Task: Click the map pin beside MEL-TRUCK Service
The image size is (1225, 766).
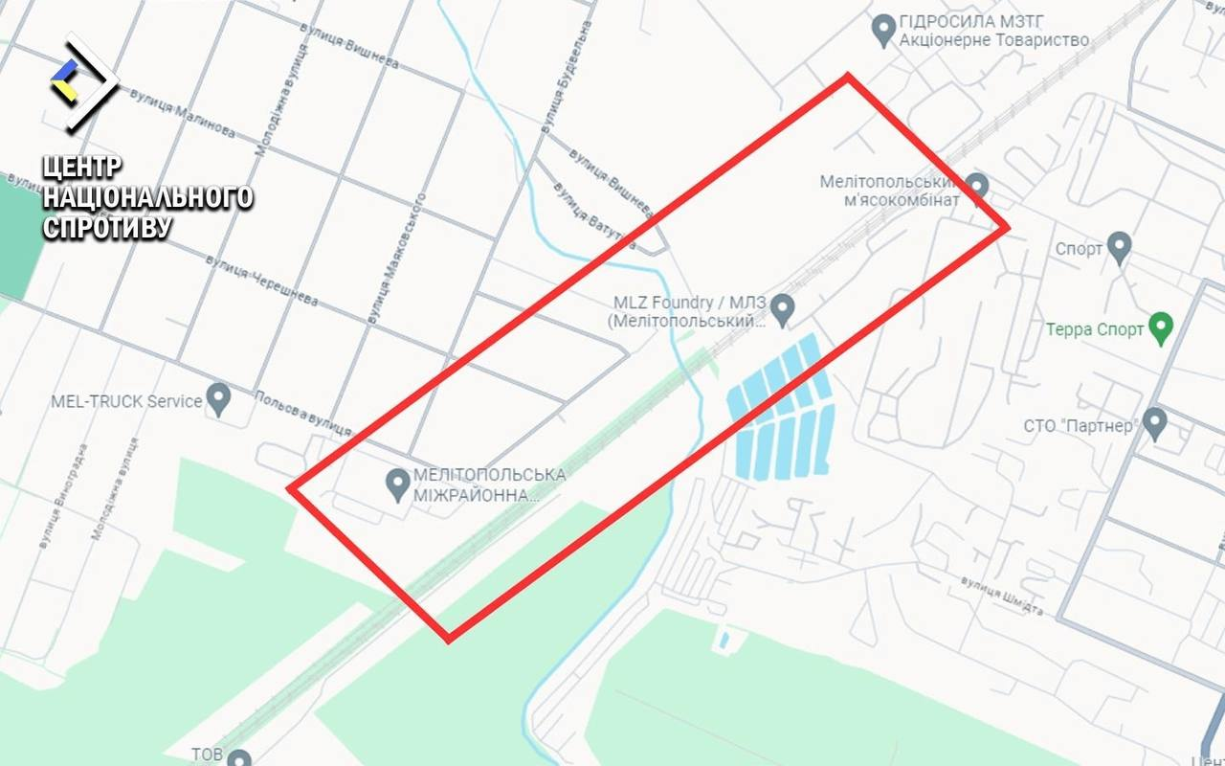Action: click(219, 398)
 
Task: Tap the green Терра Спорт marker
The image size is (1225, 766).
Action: click(1161, 327)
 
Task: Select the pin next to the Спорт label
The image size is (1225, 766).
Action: click(1119, 247)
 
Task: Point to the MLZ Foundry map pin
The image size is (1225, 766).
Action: click(783, 308)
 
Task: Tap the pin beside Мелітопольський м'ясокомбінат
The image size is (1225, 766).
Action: click(976, 186)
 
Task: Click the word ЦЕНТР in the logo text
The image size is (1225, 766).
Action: click(82, 167)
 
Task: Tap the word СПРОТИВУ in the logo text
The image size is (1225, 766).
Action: click(107, 228)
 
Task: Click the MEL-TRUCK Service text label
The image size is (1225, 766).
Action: click(126, 400)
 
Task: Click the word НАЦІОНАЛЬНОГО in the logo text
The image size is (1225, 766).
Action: click(148, 197)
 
